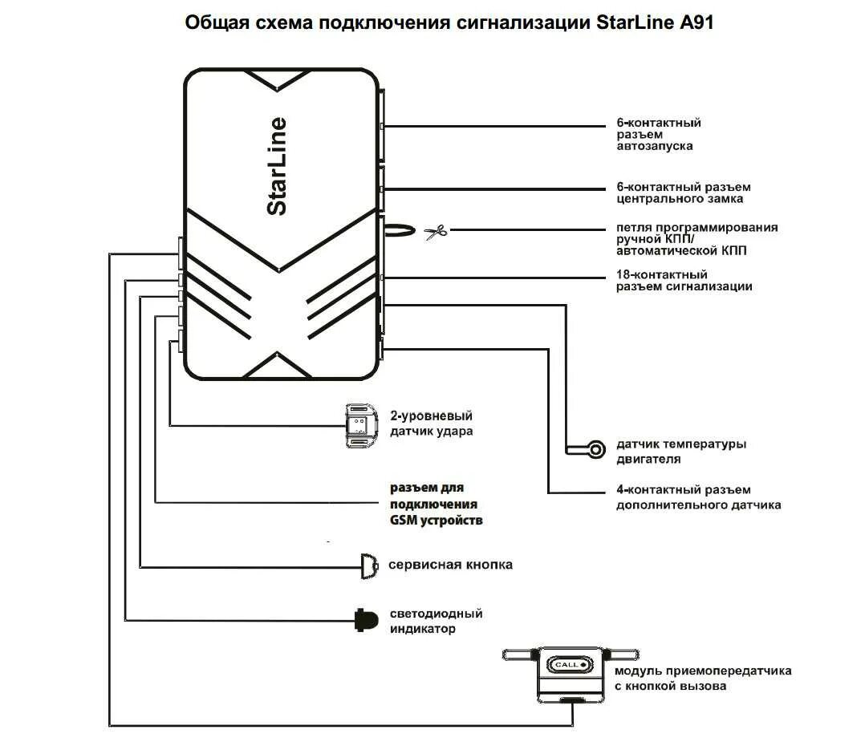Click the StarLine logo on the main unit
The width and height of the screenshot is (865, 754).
point(276,166)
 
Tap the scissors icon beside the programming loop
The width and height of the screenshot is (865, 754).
point(434,233)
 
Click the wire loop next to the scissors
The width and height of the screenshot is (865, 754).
point(399,232)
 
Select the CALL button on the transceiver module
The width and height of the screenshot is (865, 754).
point(569,665)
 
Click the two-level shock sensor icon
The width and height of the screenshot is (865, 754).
point(359,424)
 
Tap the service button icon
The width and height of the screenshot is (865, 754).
point(369,565)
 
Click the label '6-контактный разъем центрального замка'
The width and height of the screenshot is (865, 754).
point(684,193)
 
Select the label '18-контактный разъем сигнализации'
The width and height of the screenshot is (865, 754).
point(684,280)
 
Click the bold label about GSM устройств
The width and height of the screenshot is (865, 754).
point(436,505)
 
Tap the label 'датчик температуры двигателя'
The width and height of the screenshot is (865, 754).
point(680,452)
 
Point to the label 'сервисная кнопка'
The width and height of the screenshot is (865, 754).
point(450,565)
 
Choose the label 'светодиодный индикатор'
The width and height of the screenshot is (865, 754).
point(436,621)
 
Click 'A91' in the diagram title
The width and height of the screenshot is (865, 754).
point(694,23)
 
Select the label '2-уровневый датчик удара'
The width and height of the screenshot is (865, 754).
point(431,424)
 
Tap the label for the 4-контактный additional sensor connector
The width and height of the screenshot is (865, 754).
point(697,497)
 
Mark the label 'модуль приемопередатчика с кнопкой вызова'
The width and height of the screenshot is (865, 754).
point(702,678)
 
